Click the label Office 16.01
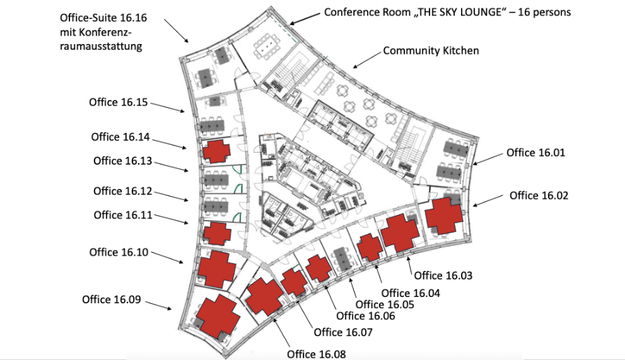click(x=536, y=153)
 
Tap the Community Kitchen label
click(x=431, y=50)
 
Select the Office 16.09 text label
click(x=111, y=300)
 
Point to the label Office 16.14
click(x=121, y=137)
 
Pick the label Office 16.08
click(x=317, y=354)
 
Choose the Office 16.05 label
click(x=385, y=305)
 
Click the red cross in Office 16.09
click(x=218, y=316)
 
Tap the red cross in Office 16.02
click(x=444, y=216)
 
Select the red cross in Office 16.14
click(x=217, y=151)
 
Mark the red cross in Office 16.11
click(x=217, y=233)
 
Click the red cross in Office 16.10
click(x=217, y=269)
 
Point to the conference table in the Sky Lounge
click(x=267, y=47)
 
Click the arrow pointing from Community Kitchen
click(x=366, y=60)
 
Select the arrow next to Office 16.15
click(x=167, y=108)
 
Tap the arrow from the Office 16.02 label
click(x=488, y=201)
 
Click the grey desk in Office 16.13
click(x=216, y=179)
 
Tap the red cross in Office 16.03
click(x=400, y=233)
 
